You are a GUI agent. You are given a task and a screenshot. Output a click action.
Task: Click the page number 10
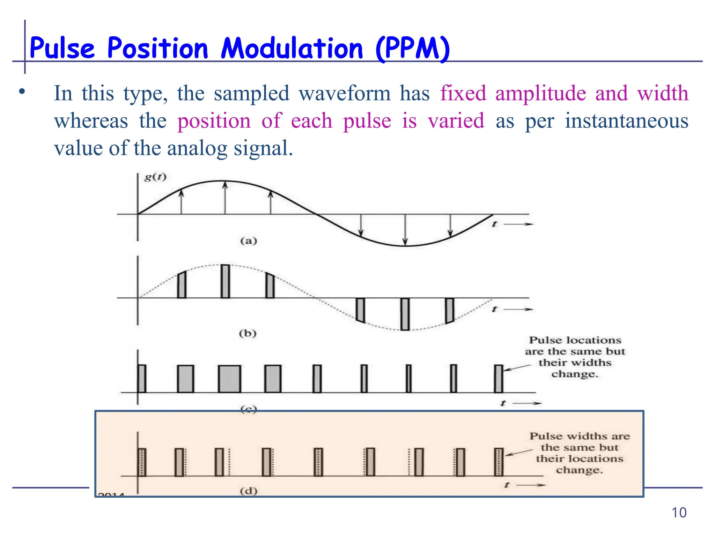[679, 513]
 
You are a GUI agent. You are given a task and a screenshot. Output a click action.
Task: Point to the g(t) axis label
[155, 177]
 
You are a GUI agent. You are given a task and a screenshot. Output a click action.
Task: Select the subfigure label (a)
[249, 241]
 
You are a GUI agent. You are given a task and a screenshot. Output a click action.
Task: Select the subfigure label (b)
[248, 333]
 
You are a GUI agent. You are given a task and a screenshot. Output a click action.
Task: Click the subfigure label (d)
[249, 491]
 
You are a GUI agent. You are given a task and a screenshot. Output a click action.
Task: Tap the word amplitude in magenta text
[540, 94]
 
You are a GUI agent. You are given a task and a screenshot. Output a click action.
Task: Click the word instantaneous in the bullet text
[627, 121]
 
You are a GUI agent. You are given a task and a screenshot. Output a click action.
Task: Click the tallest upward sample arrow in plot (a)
[225, 198]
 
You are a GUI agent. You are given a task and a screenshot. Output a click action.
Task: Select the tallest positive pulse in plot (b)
[226, 281]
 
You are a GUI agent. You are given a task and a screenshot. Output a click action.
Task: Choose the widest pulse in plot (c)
[229, 379]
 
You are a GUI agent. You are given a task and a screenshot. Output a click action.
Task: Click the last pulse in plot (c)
[499, 379]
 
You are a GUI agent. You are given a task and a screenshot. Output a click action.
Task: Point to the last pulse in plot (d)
[499, 462]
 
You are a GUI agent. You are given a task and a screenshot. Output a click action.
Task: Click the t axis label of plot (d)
[507, 485]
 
